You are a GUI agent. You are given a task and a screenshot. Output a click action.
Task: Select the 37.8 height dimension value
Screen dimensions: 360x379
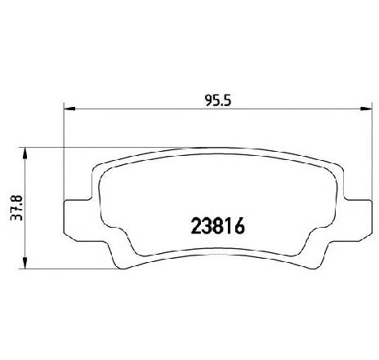[x=16, y=202]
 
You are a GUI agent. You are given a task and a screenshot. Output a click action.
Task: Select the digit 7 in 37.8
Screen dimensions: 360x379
[x=16, y=206]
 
